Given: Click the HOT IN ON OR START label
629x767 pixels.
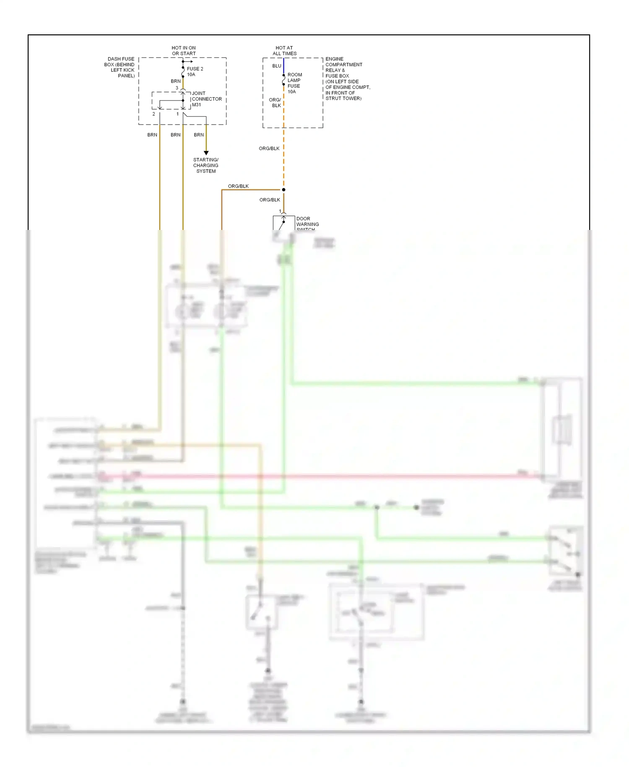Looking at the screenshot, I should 184,51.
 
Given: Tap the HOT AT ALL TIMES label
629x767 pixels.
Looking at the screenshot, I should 284,51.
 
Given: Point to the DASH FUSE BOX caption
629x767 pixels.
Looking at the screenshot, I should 120,67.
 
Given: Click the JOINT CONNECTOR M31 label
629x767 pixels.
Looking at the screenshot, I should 206,99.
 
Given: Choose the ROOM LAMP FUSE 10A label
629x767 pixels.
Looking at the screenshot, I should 294,83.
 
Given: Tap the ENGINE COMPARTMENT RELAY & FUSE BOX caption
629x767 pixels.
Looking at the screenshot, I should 347,78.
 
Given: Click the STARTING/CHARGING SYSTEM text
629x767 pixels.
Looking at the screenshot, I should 206,165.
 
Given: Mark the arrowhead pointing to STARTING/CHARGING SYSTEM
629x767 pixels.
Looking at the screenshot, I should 206,153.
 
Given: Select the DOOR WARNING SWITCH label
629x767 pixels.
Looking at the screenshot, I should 307,224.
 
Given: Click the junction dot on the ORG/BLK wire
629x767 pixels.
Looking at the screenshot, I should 283,190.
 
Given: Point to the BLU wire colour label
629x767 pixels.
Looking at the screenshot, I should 277,66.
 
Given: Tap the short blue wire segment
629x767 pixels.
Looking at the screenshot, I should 283,66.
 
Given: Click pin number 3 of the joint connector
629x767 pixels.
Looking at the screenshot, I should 177,88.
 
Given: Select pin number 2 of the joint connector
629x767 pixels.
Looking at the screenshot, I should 154,114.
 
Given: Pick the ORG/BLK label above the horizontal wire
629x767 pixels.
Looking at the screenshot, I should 238,186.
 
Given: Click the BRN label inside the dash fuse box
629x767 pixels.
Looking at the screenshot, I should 176,81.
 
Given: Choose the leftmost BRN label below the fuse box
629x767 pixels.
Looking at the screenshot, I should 152,135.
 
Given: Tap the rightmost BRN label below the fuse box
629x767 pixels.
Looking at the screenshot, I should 199,135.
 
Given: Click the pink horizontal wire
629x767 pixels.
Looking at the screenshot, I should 319,476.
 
